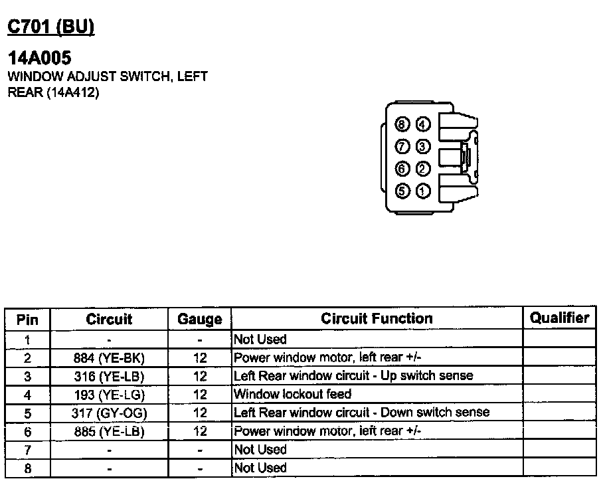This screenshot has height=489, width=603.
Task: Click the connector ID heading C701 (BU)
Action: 50,27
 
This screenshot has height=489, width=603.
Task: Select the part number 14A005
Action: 39,58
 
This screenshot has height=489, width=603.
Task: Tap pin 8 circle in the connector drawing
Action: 402,124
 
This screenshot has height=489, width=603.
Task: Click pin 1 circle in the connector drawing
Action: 423,192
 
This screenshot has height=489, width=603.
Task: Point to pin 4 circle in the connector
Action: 423,124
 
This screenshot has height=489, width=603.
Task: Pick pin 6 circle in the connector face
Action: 402,169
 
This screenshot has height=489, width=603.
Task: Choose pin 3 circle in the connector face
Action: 423,146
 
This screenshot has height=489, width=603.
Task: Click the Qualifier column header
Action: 559,318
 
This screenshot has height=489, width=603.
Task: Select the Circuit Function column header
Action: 377,319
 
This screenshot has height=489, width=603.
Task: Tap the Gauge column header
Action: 199,320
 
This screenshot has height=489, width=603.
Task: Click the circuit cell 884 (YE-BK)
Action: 110,358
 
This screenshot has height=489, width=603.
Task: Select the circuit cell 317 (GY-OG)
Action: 110,413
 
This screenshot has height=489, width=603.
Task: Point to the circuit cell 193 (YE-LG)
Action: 110,395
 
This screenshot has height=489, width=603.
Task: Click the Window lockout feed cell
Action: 293,394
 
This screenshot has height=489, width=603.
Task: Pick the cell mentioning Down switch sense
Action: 361,413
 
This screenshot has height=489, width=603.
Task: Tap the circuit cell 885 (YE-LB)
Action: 110,432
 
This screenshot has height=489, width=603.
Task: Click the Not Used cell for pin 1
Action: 260,340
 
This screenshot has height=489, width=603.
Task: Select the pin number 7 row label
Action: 27,450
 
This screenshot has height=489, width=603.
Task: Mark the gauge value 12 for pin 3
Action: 200,376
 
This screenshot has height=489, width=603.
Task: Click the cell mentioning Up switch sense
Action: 353,376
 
